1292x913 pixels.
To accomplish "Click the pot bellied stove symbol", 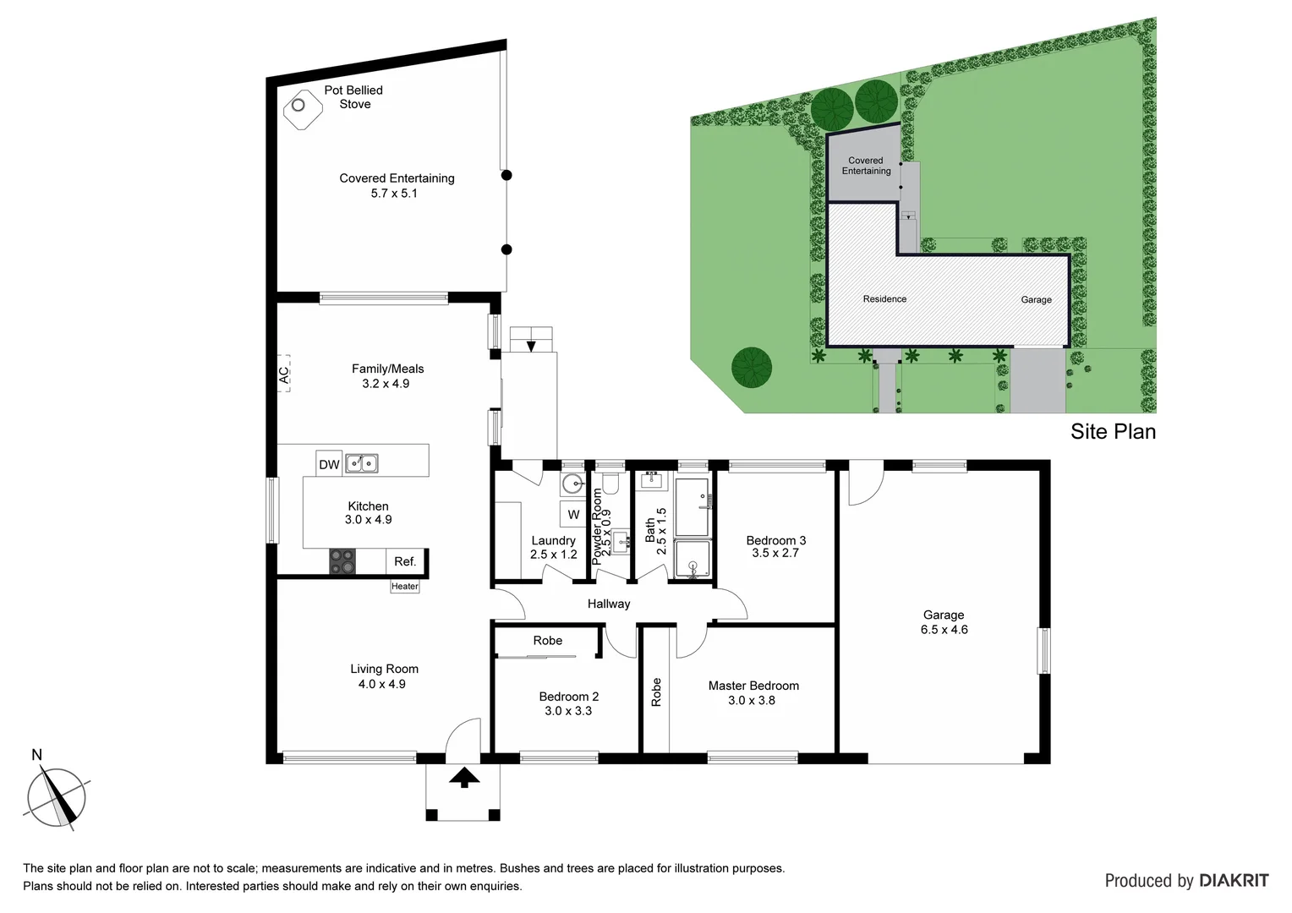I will [299, 107].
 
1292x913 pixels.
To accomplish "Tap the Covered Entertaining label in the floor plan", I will [397, 178].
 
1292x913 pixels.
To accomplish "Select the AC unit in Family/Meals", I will [284, 372].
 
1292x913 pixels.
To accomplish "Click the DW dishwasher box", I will [329, 465].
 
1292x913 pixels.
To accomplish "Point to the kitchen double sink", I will [361, 463].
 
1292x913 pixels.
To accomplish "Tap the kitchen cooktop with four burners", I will [342, 561].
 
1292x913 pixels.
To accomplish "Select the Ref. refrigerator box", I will [405, 562].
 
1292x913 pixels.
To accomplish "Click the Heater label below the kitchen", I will [404, 587].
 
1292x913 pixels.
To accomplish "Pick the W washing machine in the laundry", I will [573, 515].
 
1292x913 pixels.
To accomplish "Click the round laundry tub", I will [572, 484].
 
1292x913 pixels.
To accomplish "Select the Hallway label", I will [609, 604].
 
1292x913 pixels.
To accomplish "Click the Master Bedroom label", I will [753, 686].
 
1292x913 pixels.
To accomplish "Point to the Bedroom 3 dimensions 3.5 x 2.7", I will [775, 554].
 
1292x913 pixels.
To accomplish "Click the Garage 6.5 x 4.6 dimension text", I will [944, 630].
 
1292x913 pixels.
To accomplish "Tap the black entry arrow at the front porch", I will [463, 778].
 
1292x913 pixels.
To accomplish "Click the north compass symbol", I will [56, 795].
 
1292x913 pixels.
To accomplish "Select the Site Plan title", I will [1113, 432].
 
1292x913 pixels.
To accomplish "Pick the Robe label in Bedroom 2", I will [548, 641].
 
